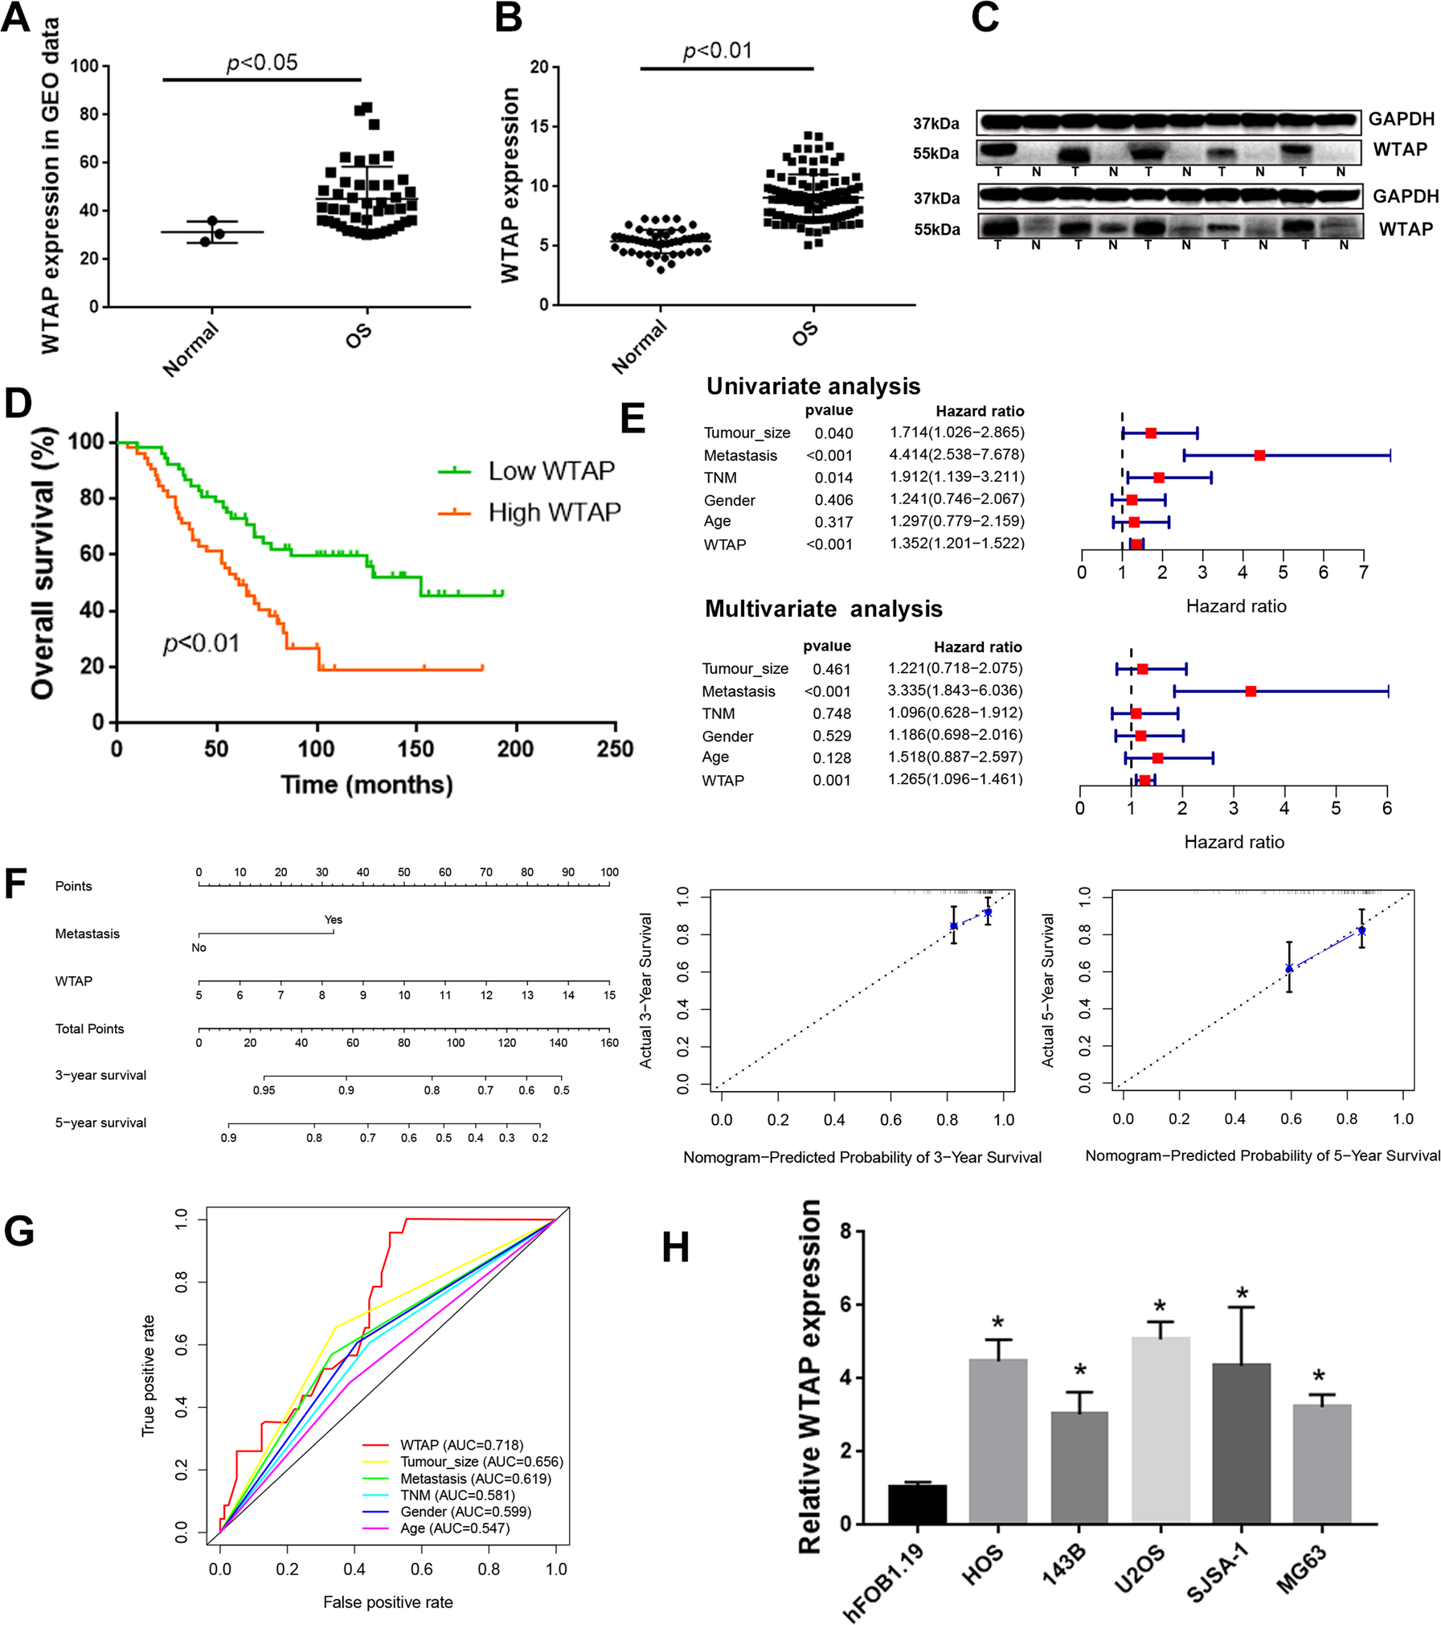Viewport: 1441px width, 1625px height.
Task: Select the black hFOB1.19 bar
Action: (x=917, y=1503)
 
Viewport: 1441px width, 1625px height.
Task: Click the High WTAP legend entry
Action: (x=554, y=512)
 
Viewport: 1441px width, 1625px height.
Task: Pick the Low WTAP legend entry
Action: (x=551, y=470)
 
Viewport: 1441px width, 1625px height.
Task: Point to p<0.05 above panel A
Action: (x=262, y=62)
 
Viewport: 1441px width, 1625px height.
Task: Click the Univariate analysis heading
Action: (x=813, y=386)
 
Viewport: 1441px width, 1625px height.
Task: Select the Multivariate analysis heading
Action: (x=823, y=609)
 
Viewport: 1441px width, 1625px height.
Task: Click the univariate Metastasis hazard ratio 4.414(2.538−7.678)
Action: (x=956, y=454)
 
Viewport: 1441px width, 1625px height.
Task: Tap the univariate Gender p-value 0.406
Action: (x=833, y=499)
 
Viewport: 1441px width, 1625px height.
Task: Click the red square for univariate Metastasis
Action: (x=1259, y=455)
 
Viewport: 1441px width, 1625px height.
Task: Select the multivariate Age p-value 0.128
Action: (x=831, y=757)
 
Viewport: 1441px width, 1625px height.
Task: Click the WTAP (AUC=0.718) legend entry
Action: (x=461, y=1445)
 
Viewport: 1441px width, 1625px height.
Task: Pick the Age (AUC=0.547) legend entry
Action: (x=454, y=1528)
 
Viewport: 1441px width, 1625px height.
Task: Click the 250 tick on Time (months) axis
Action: (x=615, y=749)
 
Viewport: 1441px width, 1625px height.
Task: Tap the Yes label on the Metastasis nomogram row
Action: (x=333, y=919)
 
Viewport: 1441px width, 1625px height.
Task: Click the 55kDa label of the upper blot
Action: (x=935, y=153)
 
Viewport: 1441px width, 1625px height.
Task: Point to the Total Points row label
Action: (x=89, y=1028)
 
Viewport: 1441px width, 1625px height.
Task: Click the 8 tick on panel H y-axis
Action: (x=845, y=1231)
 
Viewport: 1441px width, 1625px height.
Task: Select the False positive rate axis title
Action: (x=387, y=1602)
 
